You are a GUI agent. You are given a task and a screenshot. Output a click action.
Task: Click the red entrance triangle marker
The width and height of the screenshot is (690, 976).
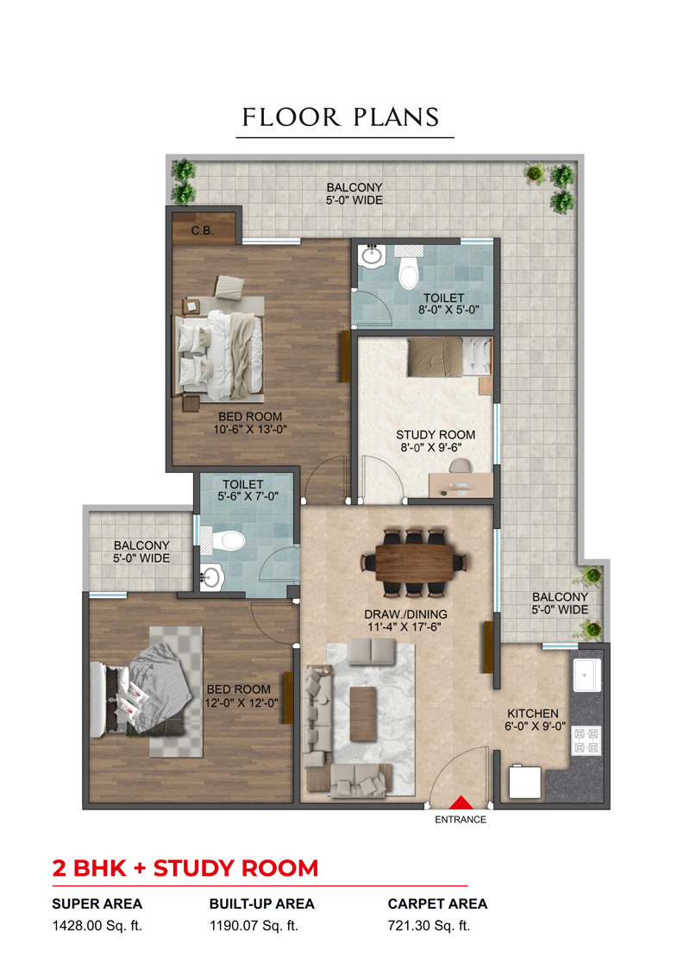[x=461, y=803]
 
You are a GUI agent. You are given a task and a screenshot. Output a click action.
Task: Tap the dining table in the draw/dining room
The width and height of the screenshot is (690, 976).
[x=414, y=562]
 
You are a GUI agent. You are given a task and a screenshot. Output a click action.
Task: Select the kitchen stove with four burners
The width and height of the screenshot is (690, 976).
[x=586, y=740]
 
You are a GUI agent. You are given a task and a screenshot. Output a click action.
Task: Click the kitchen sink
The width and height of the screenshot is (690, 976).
[x=586, y=675]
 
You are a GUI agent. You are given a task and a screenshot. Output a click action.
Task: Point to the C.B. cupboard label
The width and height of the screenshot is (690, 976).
[x=202, y=231]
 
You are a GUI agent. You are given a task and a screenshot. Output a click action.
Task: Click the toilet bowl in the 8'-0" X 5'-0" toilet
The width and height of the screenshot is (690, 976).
[x=409, y=272]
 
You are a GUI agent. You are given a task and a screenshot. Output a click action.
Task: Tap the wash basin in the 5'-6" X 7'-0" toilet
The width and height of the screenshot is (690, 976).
[x=211, y=577]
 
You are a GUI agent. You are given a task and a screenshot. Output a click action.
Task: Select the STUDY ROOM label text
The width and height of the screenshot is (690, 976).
[x=436, y=434]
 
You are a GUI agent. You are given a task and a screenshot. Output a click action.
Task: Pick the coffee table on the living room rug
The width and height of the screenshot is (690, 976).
[x=363, y=714]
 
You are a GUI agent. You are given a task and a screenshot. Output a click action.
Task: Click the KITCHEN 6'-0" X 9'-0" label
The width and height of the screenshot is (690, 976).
[x=533, y=720]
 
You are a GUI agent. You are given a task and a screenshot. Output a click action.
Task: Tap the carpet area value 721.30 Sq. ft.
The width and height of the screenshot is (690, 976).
[x=429, y=926]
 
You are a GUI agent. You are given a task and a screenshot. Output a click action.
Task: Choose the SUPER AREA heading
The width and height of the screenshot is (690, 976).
[x=97, y=904]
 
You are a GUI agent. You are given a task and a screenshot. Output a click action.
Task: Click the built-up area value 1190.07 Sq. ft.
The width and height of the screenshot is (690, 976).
[x=254, y=926]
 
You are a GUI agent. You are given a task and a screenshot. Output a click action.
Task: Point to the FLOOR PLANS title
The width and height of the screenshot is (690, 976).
[x=341, y=117]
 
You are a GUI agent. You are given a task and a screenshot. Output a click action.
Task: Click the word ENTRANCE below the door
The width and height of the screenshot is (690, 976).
[x=461, y=820]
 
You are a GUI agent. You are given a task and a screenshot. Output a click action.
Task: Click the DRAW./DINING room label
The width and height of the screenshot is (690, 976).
[x=405, y=614]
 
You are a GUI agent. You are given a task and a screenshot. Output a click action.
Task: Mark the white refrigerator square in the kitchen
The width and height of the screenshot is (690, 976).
[x=524, y=782]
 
